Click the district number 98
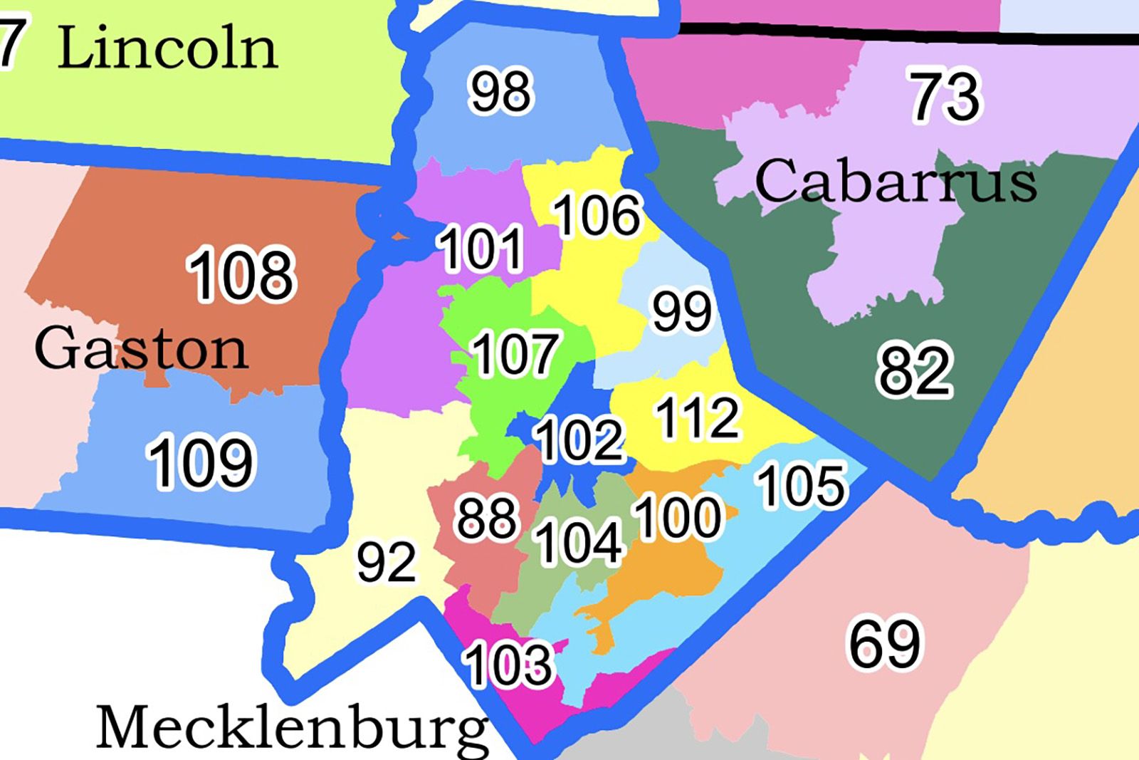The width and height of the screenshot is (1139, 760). tap(500, 91)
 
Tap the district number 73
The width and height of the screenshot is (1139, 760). tap(945, 95)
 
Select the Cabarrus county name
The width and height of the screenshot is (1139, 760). tap(895, 182)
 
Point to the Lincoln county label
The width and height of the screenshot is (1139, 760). tap(167, 48)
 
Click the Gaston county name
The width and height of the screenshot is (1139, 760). tap(141, 348)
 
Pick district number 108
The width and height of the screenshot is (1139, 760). tap(241, 274)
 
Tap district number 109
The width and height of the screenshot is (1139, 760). tap(200, 462)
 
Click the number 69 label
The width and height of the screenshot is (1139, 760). tap(885, 644)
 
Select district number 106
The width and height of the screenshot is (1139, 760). tap(597, 215)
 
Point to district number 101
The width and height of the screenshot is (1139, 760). tap(481, 249)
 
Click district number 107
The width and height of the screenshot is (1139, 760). tap(515, 353)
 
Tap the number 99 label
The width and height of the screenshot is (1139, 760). tap(682, 311)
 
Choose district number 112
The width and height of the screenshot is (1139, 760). tap(698, 417)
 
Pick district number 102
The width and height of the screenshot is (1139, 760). tap(580, 439)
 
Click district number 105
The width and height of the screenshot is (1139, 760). tap(802, 486)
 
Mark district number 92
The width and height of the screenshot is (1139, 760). tap(387, 562)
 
